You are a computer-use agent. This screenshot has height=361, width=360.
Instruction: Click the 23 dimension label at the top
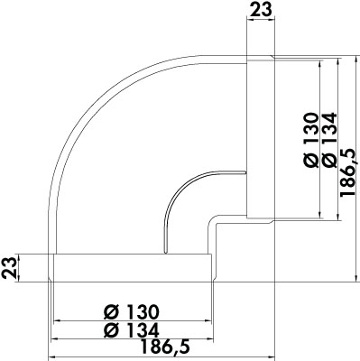point(261,9)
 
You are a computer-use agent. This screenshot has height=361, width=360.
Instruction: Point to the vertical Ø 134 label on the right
point(328,140)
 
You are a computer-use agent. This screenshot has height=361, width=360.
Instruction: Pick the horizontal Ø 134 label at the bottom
point(131,330)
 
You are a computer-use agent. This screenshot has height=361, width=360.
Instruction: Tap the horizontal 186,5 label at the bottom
point(166,347)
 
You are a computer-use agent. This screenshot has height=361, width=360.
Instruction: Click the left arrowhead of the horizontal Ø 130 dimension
point(56,321)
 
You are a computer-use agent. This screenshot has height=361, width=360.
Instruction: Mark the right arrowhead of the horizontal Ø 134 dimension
point(210,339)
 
